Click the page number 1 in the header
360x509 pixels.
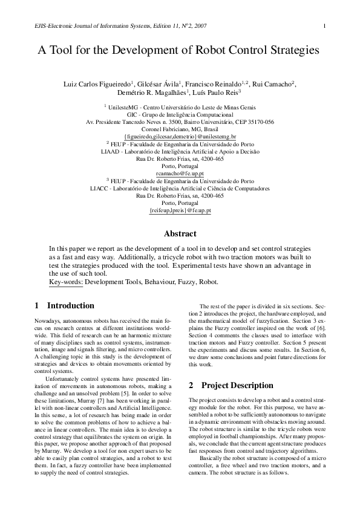[326, 25]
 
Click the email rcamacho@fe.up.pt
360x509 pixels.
[180, 173]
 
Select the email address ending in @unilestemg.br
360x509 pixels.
[180, 137]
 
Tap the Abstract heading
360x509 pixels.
[180, 233]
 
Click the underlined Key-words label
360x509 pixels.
[65, 282]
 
